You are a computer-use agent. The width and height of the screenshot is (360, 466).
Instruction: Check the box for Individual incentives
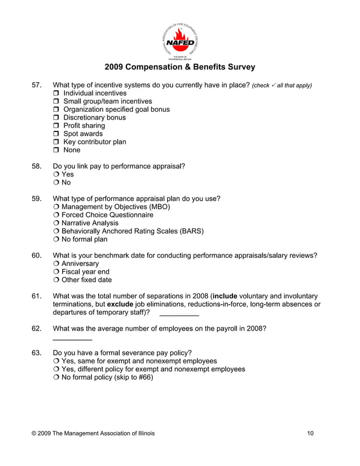pyautogui.click(x=56, y=93)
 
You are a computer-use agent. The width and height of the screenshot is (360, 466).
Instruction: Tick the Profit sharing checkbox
pyautogui.click(x=56, y=126)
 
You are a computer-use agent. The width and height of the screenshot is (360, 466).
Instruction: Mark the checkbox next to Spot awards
pyautogui.click(x=56, y=134)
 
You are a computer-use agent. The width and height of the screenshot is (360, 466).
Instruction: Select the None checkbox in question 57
pyautogui.click(x=56, y=150)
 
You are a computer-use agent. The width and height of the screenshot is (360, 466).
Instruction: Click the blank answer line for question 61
pyautogui.click(x=179, y=314)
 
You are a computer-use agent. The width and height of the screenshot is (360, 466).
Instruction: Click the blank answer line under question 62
pyautogui.click(x=72, y=339)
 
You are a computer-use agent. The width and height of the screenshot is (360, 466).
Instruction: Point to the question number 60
pyautogui.click(x=37, y=256)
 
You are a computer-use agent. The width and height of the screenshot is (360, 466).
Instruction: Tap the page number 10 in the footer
pyautogui.click(x=311, y=433)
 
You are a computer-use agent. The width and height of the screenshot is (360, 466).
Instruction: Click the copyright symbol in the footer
pyautogui.click(x=34, y=433)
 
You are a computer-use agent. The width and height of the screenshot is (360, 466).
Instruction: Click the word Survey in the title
pyautogui.click(x=241, y=67)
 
